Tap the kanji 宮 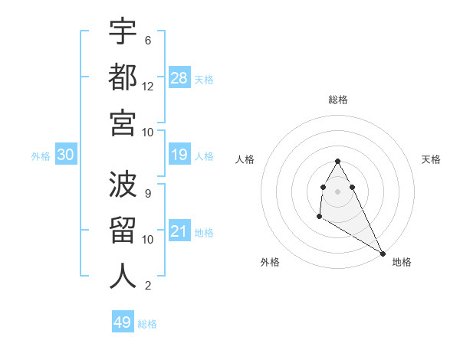point(123,122)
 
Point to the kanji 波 point(123,185)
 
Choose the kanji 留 point(123,231)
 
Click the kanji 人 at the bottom point(123,275)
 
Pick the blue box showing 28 point(179,78)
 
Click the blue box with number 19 point(179,155)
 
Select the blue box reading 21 point(179,231)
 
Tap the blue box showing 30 point(66,155)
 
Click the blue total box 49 point(123,322)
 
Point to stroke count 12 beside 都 point(148,86)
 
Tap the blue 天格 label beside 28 point(204,80)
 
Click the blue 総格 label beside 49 point(147,324)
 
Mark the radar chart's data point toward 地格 point(383,254)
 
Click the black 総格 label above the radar point(338,100)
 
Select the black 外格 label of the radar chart point(270,262)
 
